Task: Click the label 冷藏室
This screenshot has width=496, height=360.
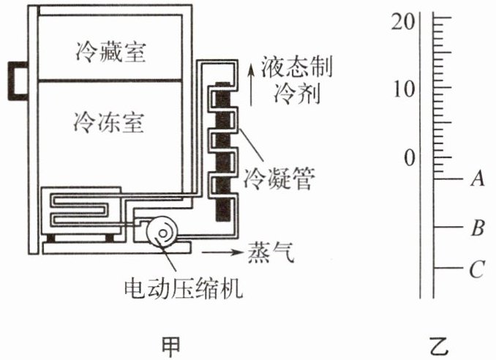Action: pos(111,53)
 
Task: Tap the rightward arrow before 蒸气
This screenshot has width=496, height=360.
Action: pos(222,252)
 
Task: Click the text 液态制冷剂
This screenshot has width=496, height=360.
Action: pos(293,80)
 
